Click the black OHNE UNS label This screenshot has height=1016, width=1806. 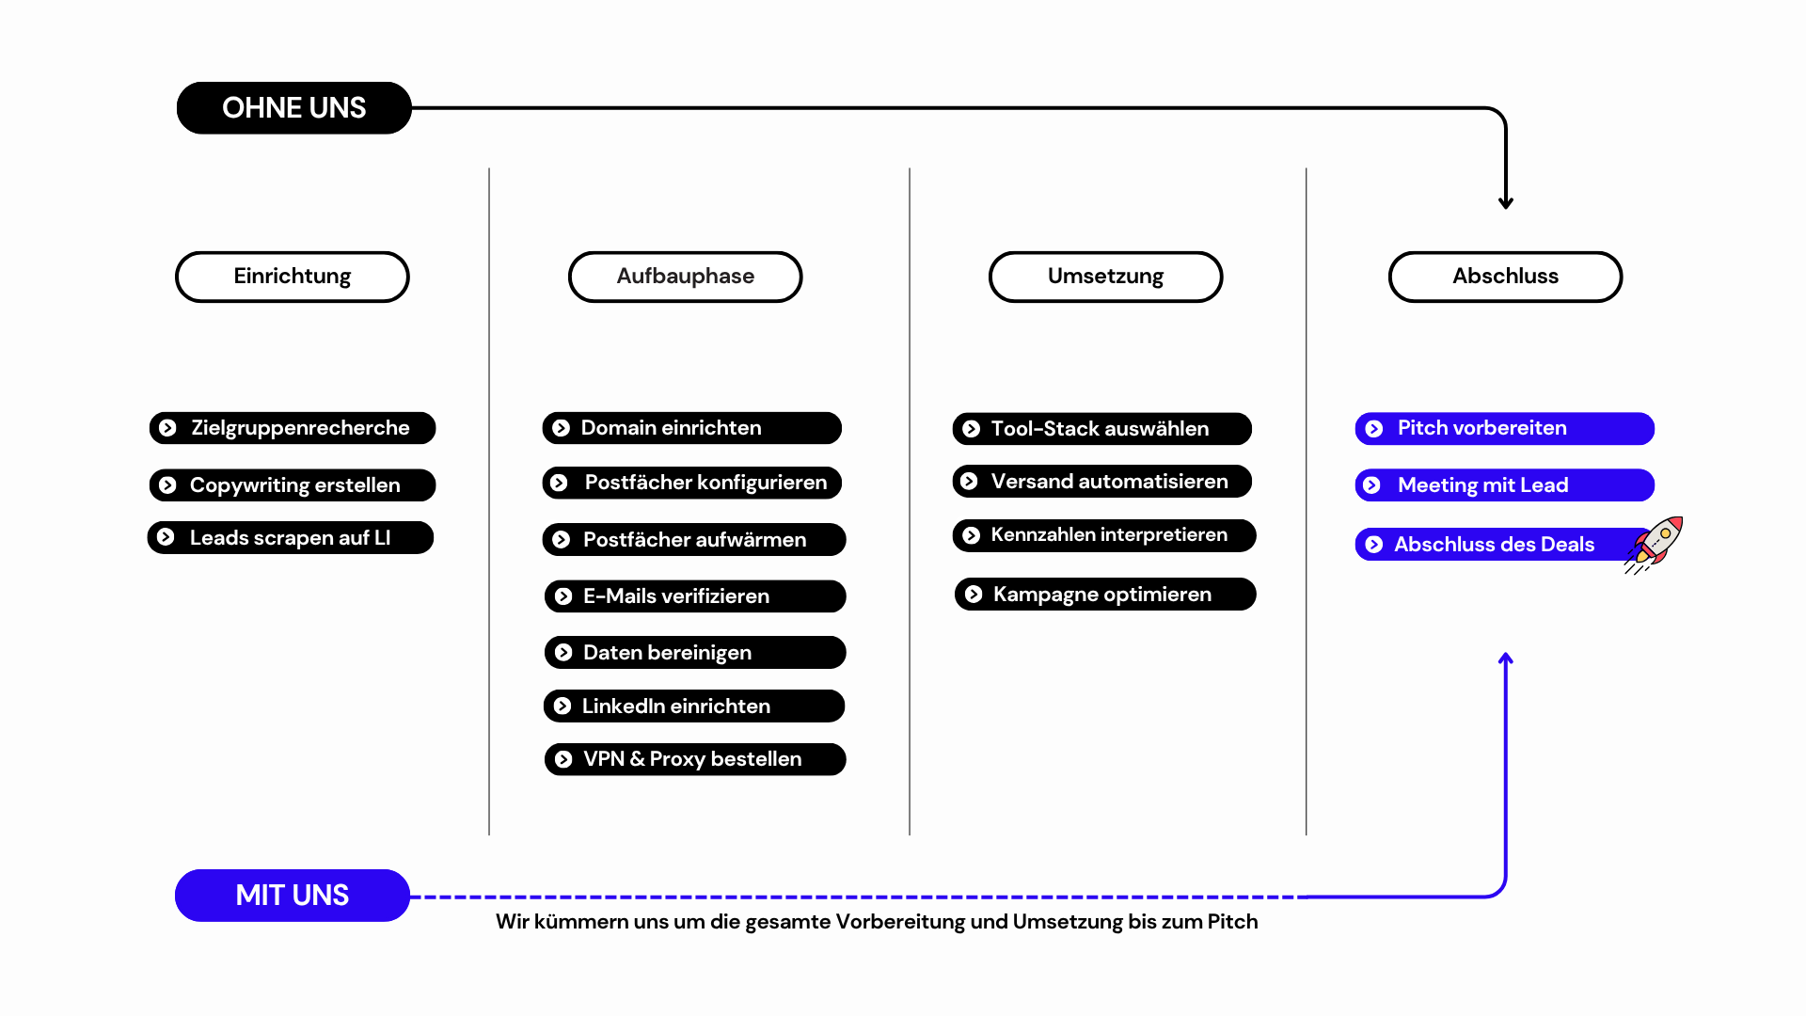coord(293,108)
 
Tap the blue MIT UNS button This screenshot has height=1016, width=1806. coord(293,896)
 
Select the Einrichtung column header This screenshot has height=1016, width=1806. coord(293,277)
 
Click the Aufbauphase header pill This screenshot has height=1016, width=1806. coord(685,277)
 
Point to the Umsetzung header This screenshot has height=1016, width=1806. coord(1105,277)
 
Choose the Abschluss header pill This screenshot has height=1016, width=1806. coord(1505,277)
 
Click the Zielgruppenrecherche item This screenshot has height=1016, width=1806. coord(293,428)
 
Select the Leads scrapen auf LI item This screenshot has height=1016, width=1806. coord(291,538)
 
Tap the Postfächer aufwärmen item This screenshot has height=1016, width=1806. coord(694,540)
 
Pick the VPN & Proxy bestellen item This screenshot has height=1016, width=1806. coord(695,759)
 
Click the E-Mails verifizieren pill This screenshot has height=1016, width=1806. coord(695,596)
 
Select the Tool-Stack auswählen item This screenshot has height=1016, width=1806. coord(1101,429)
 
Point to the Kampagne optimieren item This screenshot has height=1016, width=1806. coord(1105,595)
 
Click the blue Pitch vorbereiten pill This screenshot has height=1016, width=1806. coord(1504,429)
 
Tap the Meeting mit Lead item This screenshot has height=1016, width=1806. coord(1504,485)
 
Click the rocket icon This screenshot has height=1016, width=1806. coord(1655,545)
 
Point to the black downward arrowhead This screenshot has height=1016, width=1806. coord(1506,202)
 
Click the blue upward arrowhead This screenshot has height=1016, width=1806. coord(1506,659)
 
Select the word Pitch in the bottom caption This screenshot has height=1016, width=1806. coord(1232,922)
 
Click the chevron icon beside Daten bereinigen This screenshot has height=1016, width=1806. coord(563,653)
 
